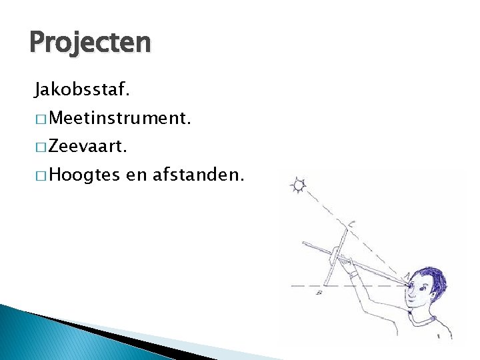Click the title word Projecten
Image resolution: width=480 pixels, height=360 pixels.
(91, 44)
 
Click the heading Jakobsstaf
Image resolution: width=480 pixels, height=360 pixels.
(77, 87)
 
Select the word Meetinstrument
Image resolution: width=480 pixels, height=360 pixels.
(121, 119)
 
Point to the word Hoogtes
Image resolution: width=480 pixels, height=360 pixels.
(84, 175)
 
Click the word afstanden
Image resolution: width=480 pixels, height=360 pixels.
(199, 175)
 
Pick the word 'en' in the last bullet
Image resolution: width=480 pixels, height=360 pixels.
(135, 176)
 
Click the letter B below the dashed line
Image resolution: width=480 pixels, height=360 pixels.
(321, 291)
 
